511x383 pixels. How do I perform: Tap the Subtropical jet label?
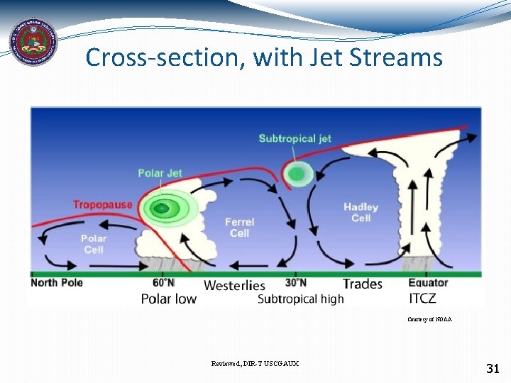[295, 138]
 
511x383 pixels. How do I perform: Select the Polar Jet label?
[160, 173]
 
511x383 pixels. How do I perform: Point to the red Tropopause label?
[102, 205]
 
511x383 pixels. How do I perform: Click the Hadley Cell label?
[361, 212]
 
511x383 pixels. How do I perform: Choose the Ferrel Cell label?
[239, 227]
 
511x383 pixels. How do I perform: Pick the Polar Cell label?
[94, 244]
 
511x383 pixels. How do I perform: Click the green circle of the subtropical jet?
[297, 173]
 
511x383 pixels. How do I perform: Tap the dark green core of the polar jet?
[163, 209]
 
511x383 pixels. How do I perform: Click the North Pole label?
[57, 282]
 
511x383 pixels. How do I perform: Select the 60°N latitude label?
[163, 283]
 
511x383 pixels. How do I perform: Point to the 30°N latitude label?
[295, 283]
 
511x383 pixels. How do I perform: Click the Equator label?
[428, 283]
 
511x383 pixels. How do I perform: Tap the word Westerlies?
[234, 285]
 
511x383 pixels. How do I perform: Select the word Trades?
[362, 284]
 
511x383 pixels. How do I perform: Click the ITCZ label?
[423, 298]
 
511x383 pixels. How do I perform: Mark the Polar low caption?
[168, 299]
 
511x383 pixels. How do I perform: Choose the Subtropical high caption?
[300, 299]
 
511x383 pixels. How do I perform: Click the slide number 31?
[493, 368]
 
